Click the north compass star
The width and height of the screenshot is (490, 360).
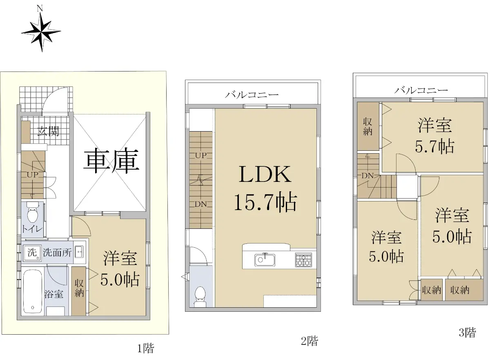(41, 32)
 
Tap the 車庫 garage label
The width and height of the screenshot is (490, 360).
(111, 161)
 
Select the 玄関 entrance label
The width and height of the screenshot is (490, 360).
(48, 131)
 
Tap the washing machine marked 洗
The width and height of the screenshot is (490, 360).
(32, 253)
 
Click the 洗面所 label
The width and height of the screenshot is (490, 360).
(57, 253)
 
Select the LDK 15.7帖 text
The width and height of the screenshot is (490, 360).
(265, 189)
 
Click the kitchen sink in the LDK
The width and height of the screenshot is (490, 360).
(265, 259)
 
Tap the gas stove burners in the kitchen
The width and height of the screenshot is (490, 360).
(304, 260)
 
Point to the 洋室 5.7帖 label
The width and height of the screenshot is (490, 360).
(435, 136)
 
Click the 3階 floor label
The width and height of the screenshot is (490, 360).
(467, 333)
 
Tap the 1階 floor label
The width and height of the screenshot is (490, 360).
(146, 348)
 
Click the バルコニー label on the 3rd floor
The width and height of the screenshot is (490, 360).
(421, 90)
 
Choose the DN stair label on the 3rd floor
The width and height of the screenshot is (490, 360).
(367, 175)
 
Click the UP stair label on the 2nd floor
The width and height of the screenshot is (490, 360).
(201, 156)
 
